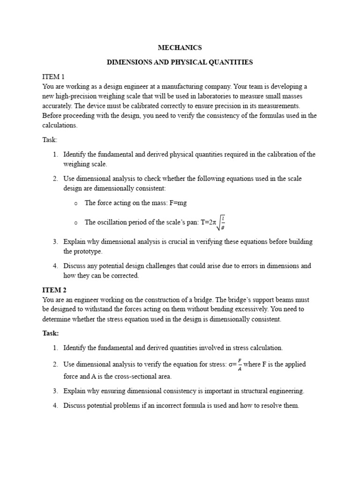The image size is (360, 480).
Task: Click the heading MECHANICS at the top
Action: coord(180,48)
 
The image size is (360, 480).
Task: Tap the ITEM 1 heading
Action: coord(53,76)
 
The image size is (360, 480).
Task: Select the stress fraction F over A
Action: coord(240,364)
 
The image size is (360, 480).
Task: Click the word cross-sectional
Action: coord(131,376)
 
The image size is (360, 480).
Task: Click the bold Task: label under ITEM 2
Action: coord(51,333)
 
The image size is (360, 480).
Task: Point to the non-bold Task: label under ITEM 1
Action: coord(50,140)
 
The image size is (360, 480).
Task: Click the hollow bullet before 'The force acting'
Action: coord(75,203)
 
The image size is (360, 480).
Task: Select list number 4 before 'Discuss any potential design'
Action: coord(55,266)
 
